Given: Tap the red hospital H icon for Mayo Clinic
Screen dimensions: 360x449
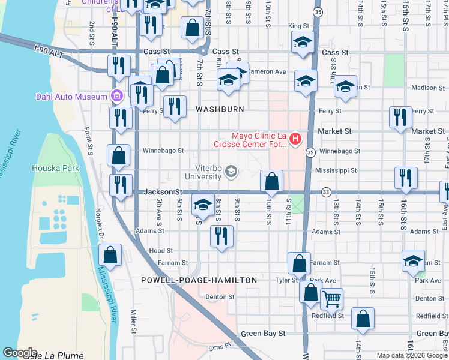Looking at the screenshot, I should (295, 140).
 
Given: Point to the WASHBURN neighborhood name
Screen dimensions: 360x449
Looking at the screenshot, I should (220, 109).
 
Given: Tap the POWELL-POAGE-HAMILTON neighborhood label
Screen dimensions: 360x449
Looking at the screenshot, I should (199, 280).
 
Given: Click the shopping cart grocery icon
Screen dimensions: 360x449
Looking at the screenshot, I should (331, 298).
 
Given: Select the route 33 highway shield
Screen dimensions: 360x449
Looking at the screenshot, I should (326, 192).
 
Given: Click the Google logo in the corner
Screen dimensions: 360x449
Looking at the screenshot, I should (20, 353).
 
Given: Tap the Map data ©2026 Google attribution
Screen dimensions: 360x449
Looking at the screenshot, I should (412, 355).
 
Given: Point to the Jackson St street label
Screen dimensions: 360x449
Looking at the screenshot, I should (163, 191).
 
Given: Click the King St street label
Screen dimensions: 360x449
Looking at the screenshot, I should (298, 26).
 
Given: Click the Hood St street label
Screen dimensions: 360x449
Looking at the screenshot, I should (161, 251).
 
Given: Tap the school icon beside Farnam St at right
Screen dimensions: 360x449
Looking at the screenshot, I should (413, 260).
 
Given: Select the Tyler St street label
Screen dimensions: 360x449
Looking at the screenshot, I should (286, 280).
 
